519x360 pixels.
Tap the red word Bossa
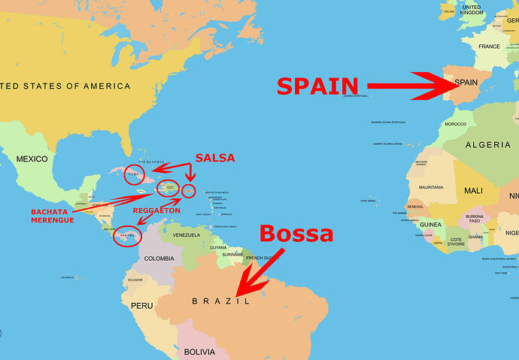coord(296,233)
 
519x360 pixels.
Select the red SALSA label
coord(215,158)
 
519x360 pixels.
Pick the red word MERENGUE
coord(53,220)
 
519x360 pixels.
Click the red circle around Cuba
coord(135,174)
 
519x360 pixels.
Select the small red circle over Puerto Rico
coord(188,191)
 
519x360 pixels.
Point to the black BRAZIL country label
coord(220,301)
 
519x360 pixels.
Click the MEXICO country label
coord(32,159)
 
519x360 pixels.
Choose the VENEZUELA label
coord(187,235)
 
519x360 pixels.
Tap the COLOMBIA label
coord(159,259)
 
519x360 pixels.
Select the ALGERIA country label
coord(487,144)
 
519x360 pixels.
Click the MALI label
coord(473,191)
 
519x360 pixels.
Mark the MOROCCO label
coord(455,124)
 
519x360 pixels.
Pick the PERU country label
coord(141,306)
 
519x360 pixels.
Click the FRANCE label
coord(489,47)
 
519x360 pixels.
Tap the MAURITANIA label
coord(431,187)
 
